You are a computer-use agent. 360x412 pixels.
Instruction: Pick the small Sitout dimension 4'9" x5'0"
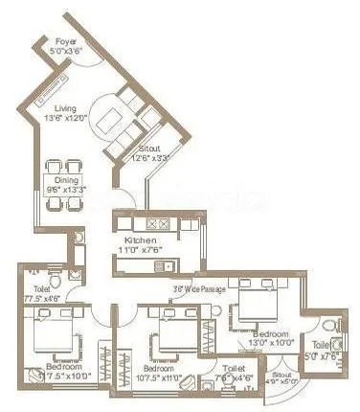[284, 382]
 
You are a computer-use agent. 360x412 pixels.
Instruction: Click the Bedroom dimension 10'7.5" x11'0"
[158, 377]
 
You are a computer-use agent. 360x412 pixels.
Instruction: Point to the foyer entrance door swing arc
[90, 59]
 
